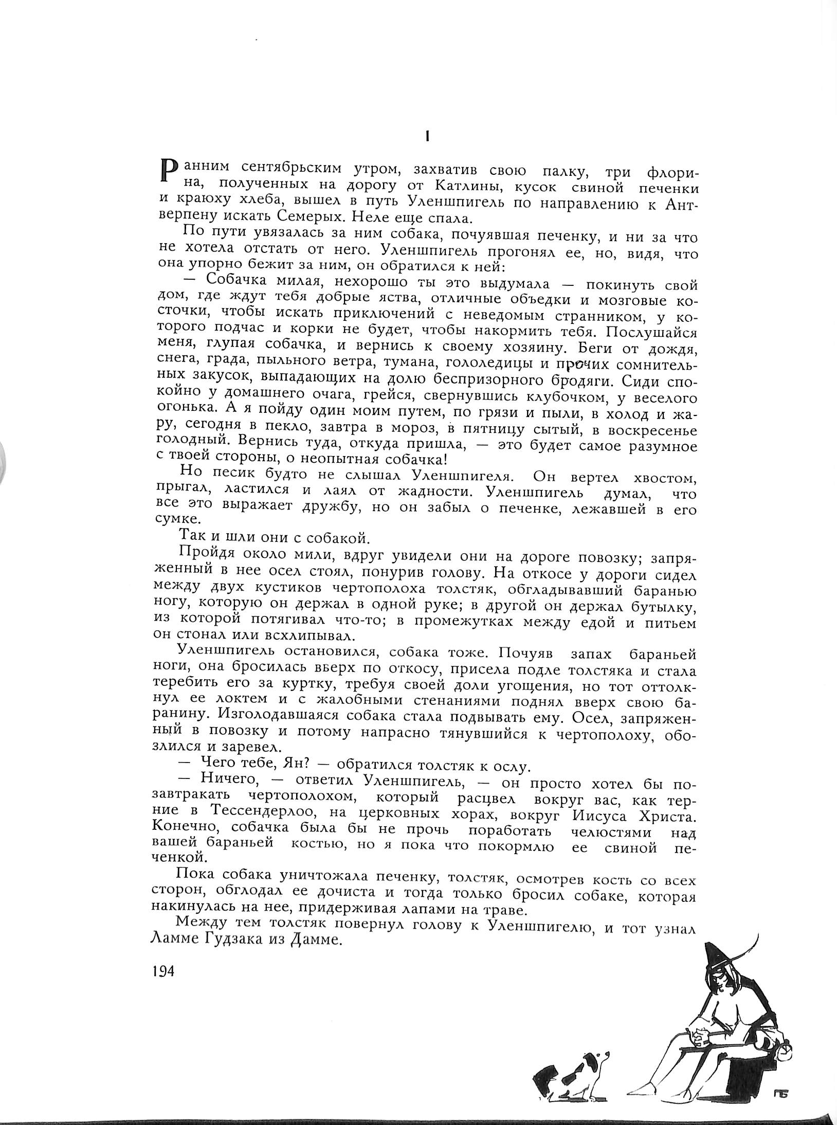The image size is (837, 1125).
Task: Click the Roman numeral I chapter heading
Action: pyautogui.click(x=428, y=136)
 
